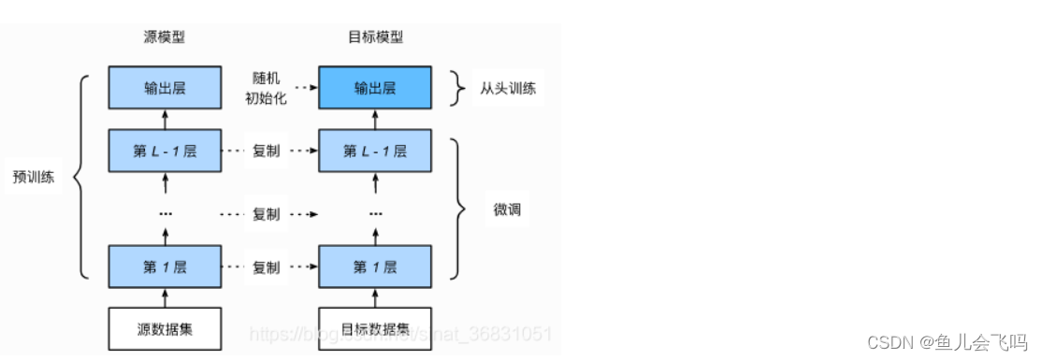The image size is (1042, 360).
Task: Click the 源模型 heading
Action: click(x=165, y=38)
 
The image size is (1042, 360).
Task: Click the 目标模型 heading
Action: click(x=375, y=38)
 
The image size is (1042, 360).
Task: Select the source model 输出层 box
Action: click(x=165, y=88)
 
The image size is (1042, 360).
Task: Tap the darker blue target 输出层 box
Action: click(x=375, y=88)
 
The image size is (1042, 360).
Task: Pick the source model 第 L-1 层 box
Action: click(x=165, y=151)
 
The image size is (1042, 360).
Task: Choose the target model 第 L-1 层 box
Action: click(x=375, y=151)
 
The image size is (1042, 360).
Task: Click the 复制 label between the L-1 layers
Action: click(x=267, y=151)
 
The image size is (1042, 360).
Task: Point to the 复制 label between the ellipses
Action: click(x=267, y=214)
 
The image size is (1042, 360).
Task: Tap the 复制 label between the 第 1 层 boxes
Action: click(x=267, y=267)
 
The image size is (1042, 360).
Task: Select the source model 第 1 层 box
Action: click(x=165, y=267)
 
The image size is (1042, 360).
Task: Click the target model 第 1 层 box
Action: click(x=375, y=267)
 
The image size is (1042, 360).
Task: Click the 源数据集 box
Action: click(x=165, y=328)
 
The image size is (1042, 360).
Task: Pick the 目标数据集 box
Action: click(x=375, y=328)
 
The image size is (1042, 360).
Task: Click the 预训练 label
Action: click(x=34, y=178)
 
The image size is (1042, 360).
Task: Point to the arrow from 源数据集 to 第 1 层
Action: click(x=165, y=297)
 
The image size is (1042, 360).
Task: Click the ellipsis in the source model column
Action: click(x=165, y=214)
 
